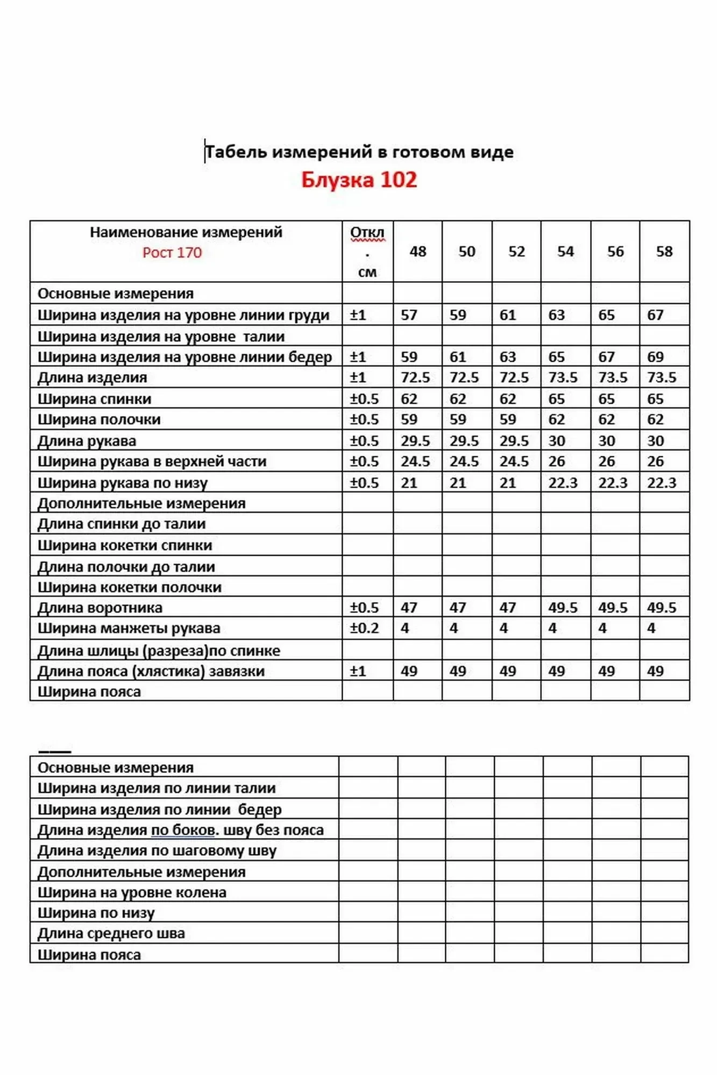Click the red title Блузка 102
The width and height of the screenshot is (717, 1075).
click(x=359, y=180)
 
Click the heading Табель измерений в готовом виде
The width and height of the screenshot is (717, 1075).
click(x=359, y=152)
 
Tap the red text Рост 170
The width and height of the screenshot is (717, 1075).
click(x=172, y=253)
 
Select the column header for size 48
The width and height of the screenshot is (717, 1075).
click(x=418, y=252)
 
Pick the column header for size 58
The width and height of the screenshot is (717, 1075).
click(x=664, y=252)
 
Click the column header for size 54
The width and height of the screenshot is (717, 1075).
click(x=566, y=252)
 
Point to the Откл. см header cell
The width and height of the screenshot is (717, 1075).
click(x=367, y=252)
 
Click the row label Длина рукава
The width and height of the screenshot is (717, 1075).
click(x=87, y=441)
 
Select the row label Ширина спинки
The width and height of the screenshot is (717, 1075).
click(x=95, y=399)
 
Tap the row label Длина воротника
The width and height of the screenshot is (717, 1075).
click(x=100, y=608)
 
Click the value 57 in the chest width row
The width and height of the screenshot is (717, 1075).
click(x=409, y=315)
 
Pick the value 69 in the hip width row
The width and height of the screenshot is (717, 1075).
click(x=656, y=357)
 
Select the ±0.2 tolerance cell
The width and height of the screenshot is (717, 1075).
click(x=365, y=628)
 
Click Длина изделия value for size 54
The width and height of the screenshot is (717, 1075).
click(x=563, y=378)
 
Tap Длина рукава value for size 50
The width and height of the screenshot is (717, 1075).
click(x=464, y=441)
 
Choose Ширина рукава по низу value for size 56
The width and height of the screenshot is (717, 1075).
click(x=613, y=483)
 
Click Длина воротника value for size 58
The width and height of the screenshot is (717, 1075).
click(x=662, y=608)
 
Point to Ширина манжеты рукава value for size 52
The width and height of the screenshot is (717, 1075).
click(x=504, y=628)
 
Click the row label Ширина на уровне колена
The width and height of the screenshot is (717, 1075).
click(x=132, y=893)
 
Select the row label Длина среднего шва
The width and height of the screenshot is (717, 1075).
click(x=111, y=934)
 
